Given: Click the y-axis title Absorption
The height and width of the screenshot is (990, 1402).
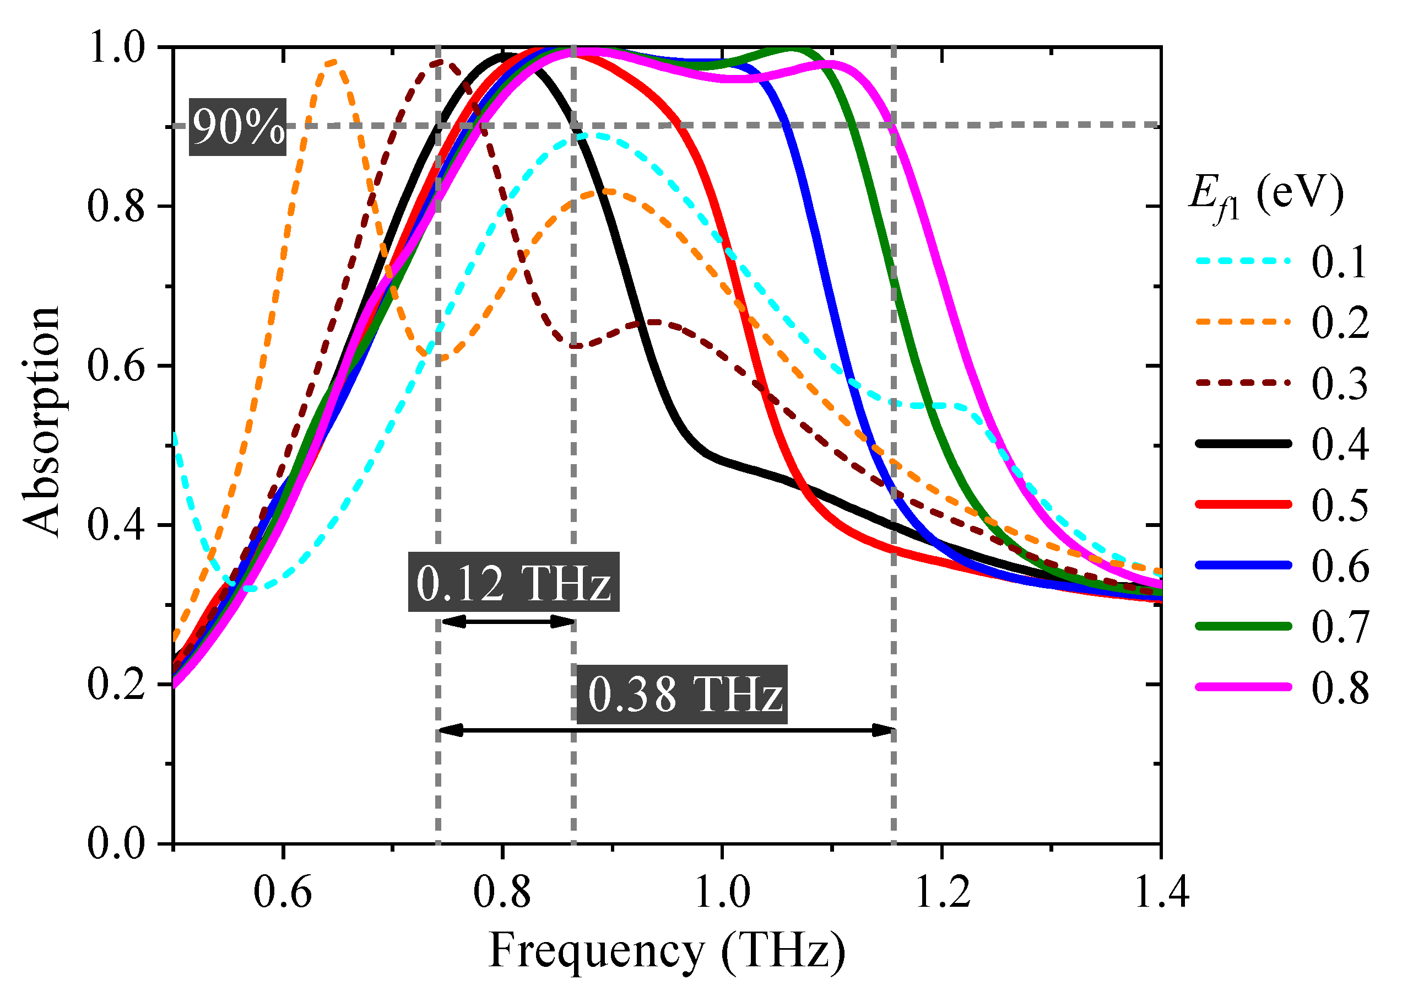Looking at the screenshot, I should point(41,422).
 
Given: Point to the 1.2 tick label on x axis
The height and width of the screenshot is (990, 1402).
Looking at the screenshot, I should point(942,892).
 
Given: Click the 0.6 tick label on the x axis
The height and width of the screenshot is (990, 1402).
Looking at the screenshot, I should point(283,892).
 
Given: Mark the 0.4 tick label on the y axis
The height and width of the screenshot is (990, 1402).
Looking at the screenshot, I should point(116,525).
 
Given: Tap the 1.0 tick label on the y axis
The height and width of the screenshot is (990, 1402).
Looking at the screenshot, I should point(116,47).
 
